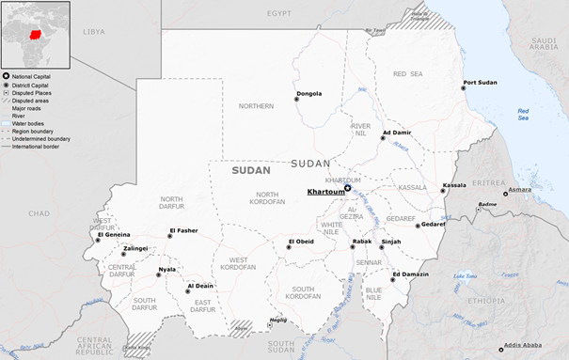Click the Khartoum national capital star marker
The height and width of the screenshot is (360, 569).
(x=347, y=188)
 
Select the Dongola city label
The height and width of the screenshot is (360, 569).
(x=308, y=93)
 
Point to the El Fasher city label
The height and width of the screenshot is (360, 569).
(x=183, y=230)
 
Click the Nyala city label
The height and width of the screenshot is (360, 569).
(x=166, y=269)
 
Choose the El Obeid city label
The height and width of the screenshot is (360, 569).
(x=301, y=242)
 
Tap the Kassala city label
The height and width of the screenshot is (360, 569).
(x=454, y=185)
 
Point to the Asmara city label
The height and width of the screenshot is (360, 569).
(x=520, y=191)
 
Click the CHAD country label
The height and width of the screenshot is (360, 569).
(x=39, y=213)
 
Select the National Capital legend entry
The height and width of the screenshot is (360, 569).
(x=32, y=75)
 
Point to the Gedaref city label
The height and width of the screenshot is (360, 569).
(x=433, y=225)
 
